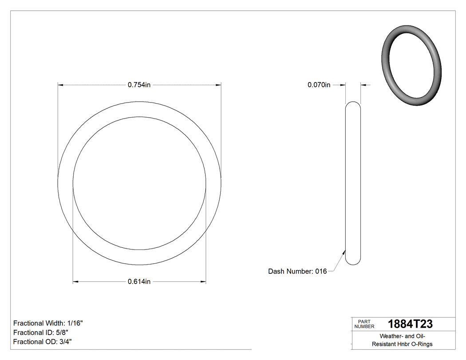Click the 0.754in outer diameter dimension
coord(139,85)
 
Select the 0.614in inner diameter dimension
coord(139,281)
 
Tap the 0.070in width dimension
coord(319,85)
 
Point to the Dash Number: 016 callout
coord(297,271)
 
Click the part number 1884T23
coord(410,324)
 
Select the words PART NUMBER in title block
coord(364,324)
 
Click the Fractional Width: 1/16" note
coord(48,323)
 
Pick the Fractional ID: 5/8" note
coord(41,332)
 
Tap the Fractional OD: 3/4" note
coord(43,342)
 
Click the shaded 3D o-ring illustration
coord(411,65)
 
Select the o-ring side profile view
coord(353,183)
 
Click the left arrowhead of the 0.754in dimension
coord(61,84)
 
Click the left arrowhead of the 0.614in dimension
coord(76,281)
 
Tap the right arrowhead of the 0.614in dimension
coord(203,281)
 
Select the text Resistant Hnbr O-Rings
coord(402,344)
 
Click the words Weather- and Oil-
coord(402,336)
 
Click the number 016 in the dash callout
coord(321,271)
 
